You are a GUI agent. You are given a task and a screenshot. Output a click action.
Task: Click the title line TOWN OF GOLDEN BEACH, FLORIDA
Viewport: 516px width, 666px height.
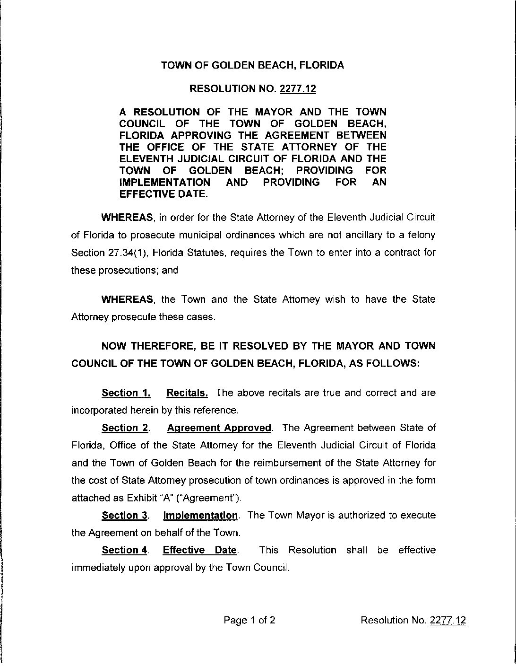tap(252, 65)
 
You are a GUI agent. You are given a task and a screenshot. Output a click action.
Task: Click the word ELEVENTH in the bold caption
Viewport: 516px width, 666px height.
tap(151, 158)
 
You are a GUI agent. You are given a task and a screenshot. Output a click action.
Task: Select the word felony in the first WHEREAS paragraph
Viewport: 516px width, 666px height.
tap(421, 235)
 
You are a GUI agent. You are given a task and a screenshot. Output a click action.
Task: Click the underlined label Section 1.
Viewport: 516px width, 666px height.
tap(126, 393)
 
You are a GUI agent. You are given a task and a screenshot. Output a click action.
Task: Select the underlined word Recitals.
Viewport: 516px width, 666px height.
tap(187, 393)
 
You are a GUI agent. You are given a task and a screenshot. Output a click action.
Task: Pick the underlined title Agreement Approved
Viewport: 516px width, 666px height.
tap(219, 428)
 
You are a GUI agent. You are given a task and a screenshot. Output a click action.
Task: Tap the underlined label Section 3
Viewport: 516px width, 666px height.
tap(125, 515)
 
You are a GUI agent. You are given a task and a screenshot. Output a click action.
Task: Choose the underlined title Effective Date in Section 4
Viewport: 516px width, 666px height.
tap(200, 550)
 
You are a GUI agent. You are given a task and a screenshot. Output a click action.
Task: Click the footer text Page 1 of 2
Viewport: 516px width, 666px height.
tap(249, 620)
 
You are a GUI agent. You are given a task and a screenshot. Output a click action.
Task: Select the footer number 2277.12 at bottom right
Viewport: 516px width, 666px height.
tap(448, 620)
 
